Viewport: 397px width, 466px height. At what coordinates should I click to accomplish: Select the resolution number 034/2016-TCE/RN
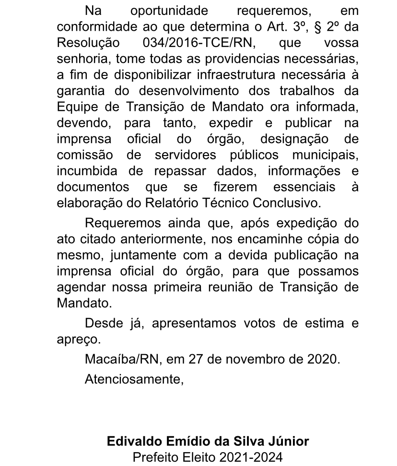(x=199, y=43)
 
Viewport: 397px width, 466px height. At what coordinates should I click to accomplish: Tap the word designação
(x=294, y=139)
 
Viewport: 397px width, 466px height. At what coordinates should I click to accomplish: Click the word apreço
(x=78, y=339)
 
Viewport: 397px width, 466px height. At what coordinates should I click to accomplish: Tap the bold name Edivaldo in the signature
(x=131, y=441)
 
